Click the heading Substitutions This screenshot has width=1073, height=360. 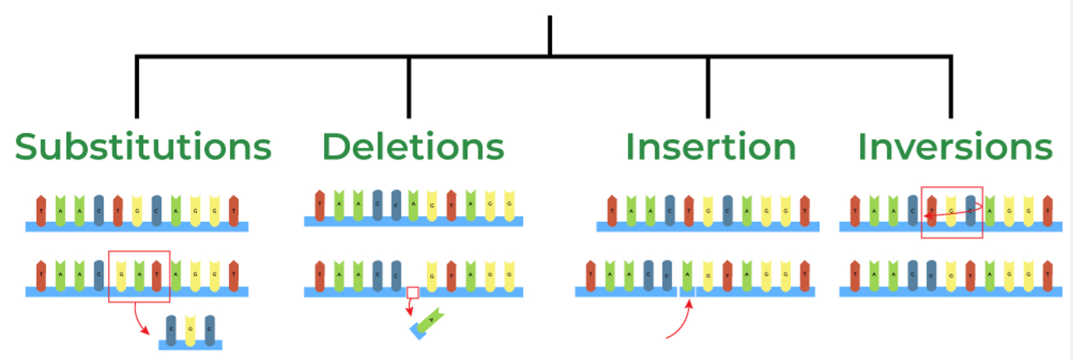tap(143, 146)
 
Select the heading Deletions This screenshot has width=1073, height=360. tap(413, 146)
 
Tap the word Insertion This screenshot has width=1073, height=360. tap(711, 146)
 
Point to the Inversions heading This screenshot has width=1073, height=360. tap(955, 146)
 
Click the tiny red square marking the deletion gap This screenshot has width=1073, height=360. tap(413, 293)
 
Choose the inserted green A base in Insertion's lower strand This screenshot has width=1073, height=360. tap(687, 276)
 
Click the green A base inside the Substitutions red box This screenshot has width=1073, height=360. tap(138, 276)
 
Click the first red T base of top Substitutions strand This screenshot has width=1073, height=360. tap(41, 211)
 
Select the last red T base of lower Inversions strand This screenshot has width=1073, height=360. tap(1047, 276)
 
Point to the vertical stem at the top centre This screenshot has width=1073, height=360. tap(550, 35)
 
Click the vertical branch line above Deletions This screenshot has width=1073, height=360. tap(409, 86)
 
